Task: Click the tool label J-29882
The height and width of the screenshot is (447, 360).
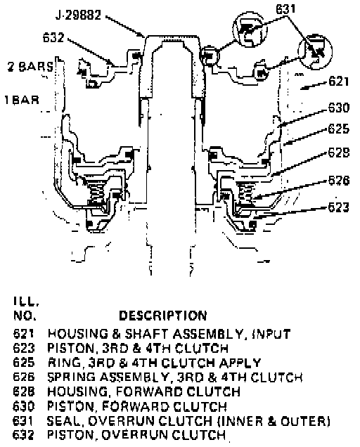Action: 78,15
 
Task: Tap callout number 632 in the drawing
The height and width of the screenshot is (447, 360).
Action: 53,37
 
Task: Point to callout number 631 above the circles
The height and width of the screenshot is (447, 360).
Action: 285,9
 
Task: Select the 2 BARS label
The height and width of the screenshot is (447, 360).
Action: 30,67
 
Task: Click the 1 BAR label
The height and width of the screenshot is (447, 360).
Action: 22,100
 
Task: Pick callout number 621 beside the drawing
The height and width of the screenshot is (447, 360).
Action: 339,82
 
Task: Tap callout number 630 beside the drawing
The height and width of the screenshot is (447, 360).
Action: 339,108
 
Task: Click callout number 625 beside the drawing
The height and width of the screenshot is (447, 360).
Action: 339,129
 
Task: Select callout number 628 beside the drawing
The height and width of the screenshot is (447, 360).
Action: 339,153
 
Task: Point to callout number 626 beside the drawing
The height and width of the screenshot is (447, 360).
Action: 339,181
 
